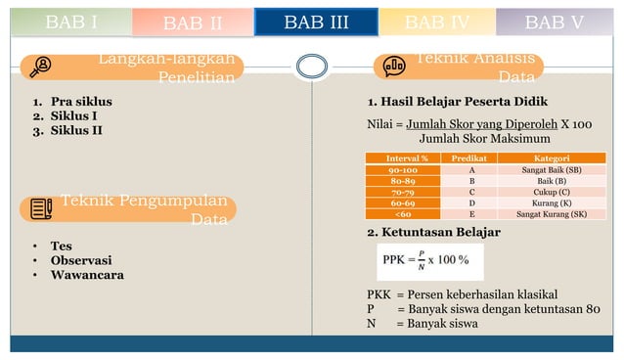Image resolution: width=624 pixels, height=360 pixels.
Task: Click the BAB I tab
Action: point(70,22)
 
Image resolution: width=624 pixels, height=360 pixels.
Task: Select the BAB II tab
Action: point(193,22)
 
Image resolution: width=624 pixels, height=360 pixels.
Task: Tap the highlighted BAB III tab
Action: point(316,22)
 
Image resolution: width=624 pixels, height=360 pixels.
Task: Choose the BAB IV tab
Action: point(437,22)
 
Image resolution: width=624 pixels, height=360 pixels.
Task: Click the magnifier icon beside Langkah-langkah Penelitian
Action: point(42,67)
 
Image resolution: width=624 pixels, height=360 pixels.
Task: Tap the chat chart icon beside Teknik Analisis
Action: point(394,67)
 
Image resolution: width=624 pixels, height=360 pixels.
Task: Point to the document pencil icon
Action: point(42,207)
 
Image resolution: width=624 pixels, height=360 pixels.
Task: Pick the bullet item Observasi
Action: point(80,260)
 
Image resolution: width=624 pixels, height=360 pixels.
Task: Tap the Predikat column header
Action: point(472,157)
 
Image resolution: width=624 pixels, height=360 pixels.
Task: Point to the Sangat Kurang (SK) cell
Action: point(551,213)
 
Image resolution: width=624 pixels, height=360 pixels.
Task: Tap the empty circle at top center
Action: point(310,67)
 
